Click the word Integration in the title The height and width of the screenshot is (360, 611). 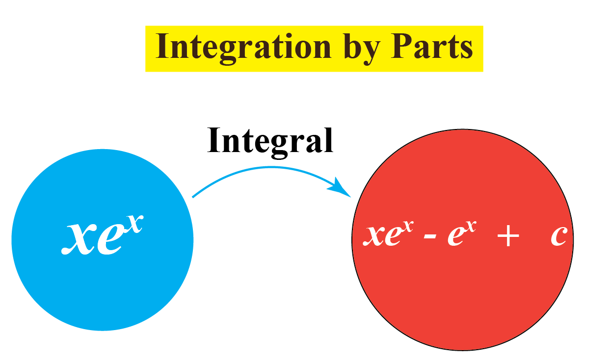243,48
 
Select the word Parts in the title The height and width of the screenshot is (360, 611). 432,48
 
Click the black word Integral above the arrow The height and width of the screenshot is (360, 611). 270,141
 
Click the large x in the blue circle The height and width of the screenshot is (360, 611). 79,238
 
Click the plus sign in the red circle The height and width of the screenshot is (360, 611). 508,237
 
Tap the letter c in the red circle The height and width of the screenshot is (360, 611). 559,236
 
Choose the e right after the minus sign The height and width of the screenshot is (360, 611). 456,237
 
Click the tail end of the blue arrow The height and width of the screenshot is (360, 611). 193,197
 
